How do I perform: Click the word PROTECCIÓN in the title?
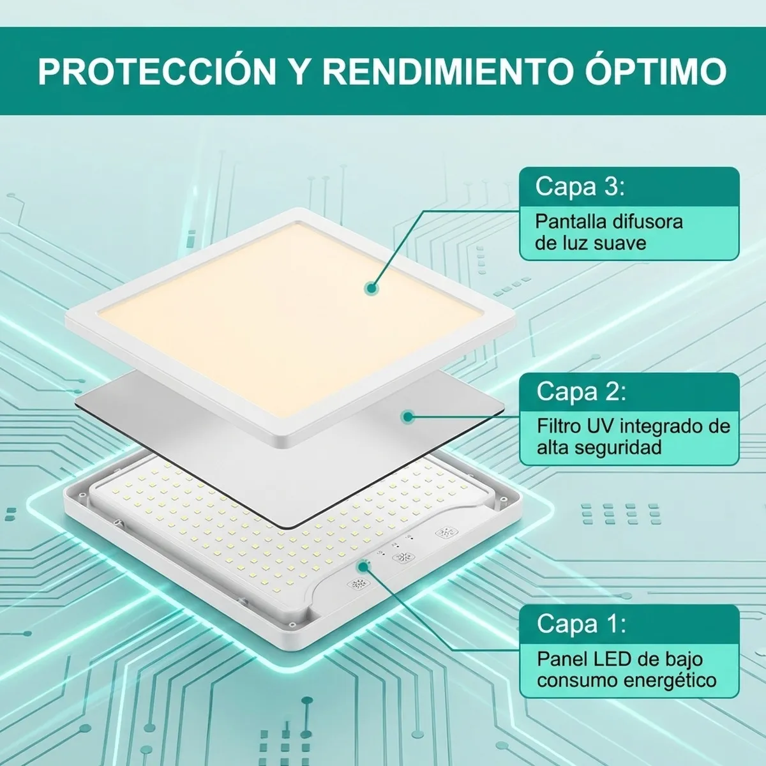click(157, 71)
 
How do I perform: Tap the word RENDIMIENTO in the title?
click(446, 71)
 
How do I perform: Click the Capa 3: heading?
click(580, 186)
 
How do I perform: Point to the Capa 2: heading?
click(581, 391)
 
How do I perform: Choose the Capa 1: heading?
click(581, 623)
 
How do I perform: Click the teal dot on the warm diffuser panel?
click(371, 289)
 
